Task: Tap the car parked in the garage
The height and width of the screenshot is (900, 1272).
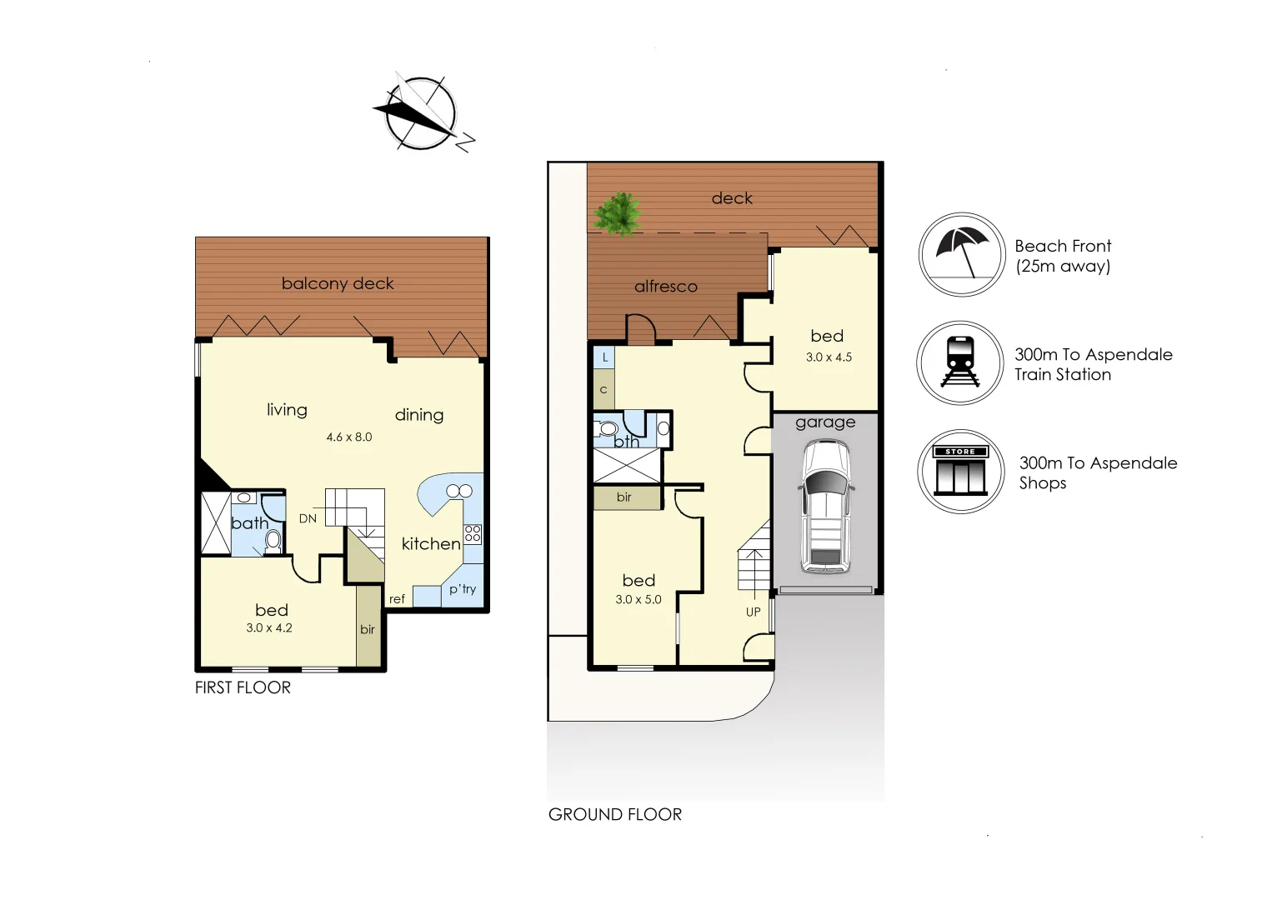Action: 825,506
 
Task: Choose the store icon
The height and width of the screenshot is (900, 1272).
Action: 960,472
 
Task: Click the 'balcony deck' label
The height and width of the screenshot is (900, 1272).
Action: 338,283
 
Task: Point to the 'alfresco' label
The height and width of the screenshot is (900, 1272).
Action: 665,287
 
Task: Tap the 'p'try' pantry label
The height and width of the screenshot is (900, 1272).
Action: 463,589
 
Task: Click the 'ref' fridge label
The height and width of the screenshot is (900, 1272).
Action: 397,599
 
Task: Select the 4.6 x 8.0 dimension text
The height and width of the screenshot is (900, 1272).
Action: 349,437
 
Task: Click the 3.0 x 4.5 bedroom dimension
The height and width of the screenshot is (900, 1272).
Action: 829,357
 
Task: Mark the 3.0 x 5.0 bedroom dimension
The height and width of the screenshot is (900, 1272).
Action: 639,599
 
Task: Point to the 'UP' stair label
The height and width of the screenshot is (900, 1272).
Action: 754,612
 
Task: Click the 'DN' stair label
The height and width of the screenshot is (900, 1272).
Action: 308,518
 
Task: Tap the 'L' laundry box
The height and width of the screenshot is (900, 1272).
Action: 605,357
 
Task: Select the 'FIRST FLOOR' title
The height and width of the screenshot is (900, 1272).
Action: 243,687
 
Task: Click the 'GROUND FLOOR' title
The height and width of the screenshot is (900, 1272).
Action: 615,814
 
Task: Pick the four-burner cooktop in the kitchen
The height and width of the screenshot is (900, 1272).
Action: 473,533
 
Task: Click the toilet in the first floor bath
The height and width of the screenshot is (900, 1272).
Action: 273,542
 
